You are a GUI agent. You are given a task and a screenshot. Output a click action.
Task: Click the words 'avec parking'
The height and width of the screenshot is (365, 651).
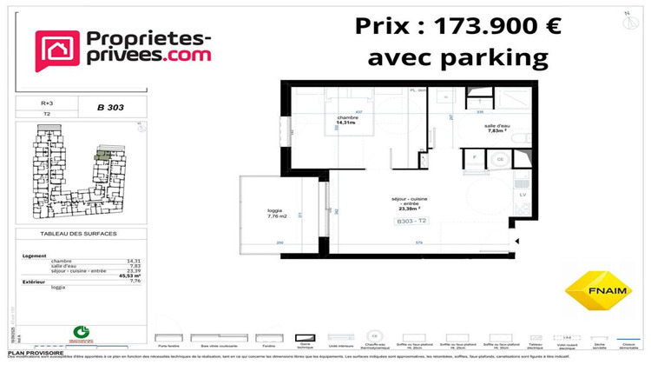pos(458,58)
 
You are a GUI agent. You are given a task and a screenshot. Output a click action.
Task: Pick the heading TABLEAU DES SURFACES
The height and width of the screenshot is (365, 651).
pos(78,235)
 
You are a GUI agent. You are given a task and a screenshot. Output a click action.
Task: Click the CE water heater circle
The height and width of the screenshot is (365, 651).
pos(500,159)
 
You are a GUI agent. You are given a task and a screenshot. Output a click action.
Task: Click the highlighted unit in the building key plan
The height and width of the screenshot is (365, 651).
pos(103,154)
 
